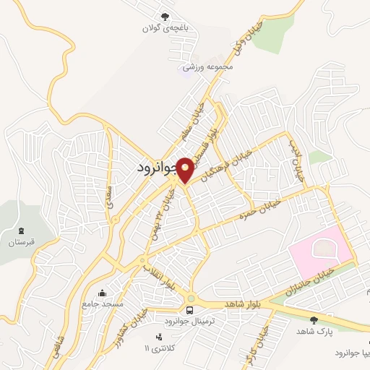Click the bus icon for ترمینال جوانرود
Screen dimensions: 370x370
click(189, 310)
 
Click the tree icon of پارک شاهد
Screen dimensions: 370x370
click(313, 320)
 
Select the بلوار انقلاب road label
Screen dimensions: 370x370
click(158, 275)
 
